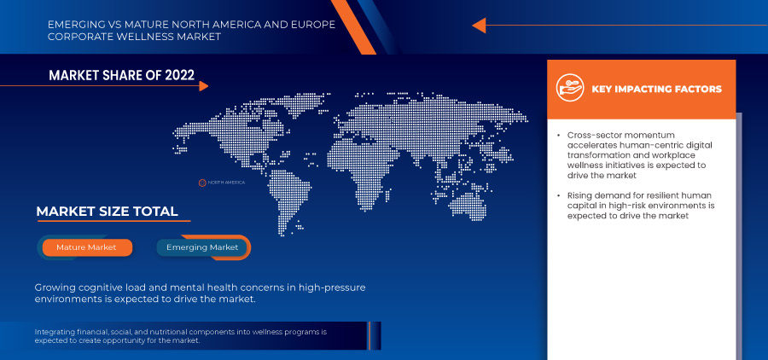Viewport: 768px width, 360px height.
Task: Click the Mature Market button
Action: coord(87,247)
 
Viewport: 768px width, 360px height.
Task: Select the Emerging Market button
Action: coord(202,247)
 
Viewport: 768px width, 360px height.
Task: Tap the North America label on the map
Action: coord(226,183)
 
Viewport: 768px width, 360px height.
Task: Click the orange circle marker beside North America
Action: coord(201,183)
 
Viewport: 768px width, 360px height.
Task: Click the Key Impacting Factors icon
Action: coord(570,88)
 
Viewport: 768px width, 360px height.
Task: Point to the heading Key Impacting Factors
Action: coord(657,89)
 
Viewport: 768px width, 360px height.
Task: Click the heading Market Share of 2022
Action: coord(121,75)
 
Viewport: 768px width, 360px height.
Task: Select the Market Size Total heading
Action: coord(107,212)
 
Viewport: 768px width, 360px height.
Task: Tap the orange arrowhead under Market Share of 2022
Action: coord(204,86)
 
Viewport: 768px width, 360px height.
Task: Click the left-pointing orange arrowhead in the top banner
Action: coord(479,25)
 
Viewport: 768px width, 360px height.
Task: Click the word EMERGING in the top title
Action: coord(72,25)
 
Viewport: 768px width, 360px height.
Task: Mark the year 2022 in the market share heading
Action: coord(180,75)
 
